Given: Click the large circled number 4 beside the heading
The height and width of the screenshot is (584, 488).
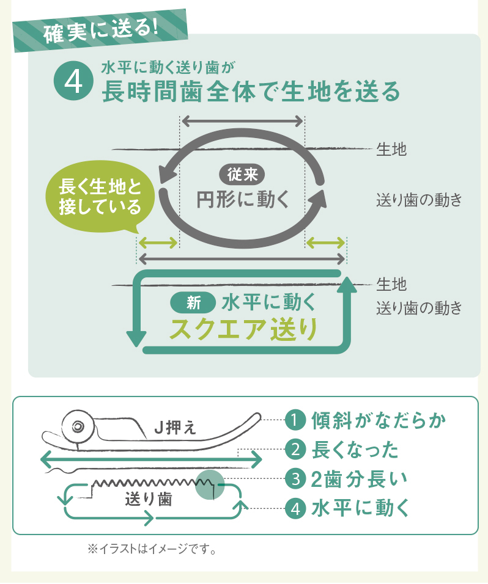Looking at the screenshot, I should coord(73,82).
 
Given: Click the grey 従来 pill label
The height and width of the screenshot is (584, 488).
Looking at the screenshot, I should coord(242,175).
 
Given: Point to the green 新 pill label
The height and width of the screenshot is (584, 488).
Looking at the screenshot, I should coord(193,302).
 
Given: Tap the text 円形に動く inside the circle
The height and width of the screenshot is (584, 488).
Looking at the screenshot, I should coord(242,200).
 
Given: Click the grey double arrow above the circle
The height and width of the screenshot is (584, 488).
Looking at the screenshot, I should coord(242,120).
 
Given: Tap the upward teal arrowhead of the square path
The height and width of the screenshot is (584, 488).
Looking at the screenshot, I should coord(347,284).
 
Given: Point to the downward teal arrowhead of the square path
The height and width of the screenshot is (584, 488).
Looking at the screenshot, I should coord(136,337).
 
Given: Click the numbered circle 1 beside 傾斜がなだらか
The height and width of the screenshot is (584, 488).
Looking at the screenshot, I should coord(295,421).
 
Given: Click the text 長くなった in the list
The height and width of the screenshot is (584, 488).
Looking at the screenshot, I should coord(355,450).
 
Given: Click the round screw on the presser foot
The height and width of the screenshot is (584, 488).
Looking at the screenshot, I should coord(78,426).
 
